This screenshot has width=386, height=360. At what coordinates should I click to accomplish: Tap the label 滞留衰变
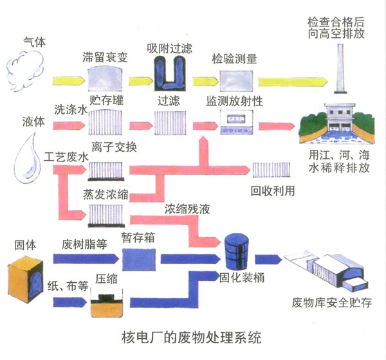pyautogui.click(x=106, y=57)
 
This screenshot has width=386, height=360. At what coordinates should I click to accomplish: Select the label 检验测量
pyautogui.click(x=235, y=59)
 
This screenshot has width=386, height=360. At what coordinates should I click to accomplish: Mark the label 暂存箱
pyautogui.click(x=138, y=236)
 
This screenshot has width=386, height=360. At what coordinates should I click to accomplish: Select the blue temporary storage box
pyautogui.click(x=139, y=258)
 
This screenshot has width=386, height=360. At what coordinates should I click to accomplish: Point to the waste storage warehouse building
pyautogui.click(x=328, y=270)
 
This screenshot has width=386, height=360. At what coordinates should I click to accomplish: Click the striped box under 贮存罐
pyautogui.click(x=106, y=120)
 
